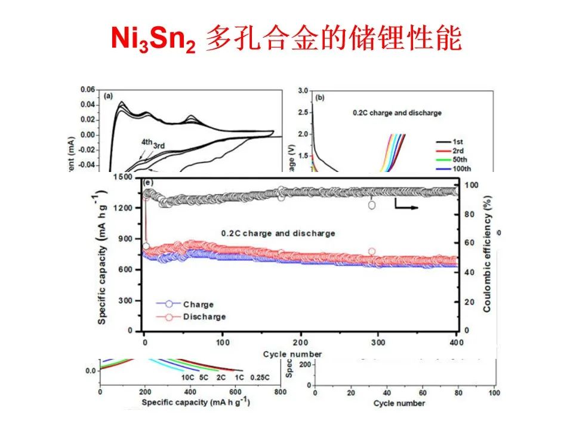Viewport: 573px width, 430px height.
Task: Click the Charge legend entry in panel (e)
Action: (198, 304)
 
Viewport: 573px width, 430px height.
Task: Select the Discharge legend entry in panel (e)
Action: (204, 316)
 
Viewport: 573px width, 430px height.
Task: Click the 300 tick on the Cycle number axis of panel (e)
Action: (379, 343)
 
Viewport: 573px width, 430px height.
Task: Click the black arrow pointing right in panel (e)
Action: (405, 207)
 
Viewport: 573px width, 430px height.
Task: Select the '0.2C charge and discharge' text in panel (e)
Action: (278, 233)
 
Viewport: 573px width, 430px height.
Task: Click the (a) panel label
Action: (109, 96)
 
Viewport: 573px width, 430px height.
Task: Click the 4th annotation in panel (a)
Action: (147, 142)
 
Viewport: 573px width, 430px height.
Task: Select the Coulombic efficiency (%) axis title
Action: (486, 255)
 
